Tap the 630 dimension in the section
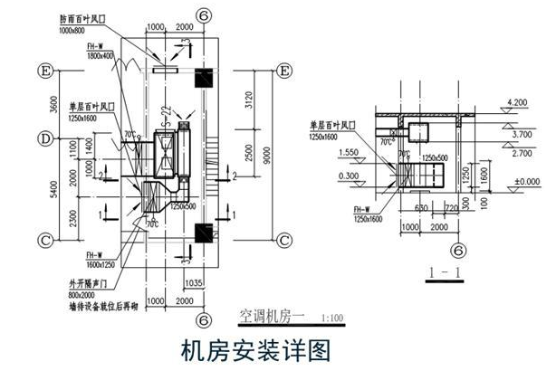(x=420, y=207)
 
